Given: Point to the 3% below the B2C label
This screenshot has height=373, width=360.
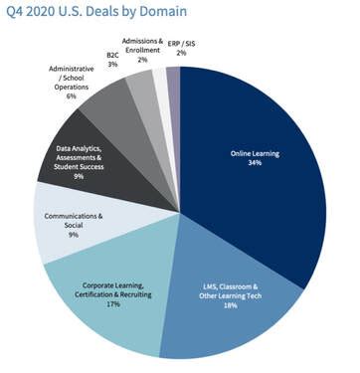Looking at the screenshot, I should point(111,64).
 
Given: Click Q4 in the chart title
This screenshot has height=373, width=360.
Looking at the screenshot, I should point(15,12).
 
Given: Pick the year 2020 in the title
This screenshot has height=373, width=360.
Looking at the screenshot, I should point(47,12).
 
